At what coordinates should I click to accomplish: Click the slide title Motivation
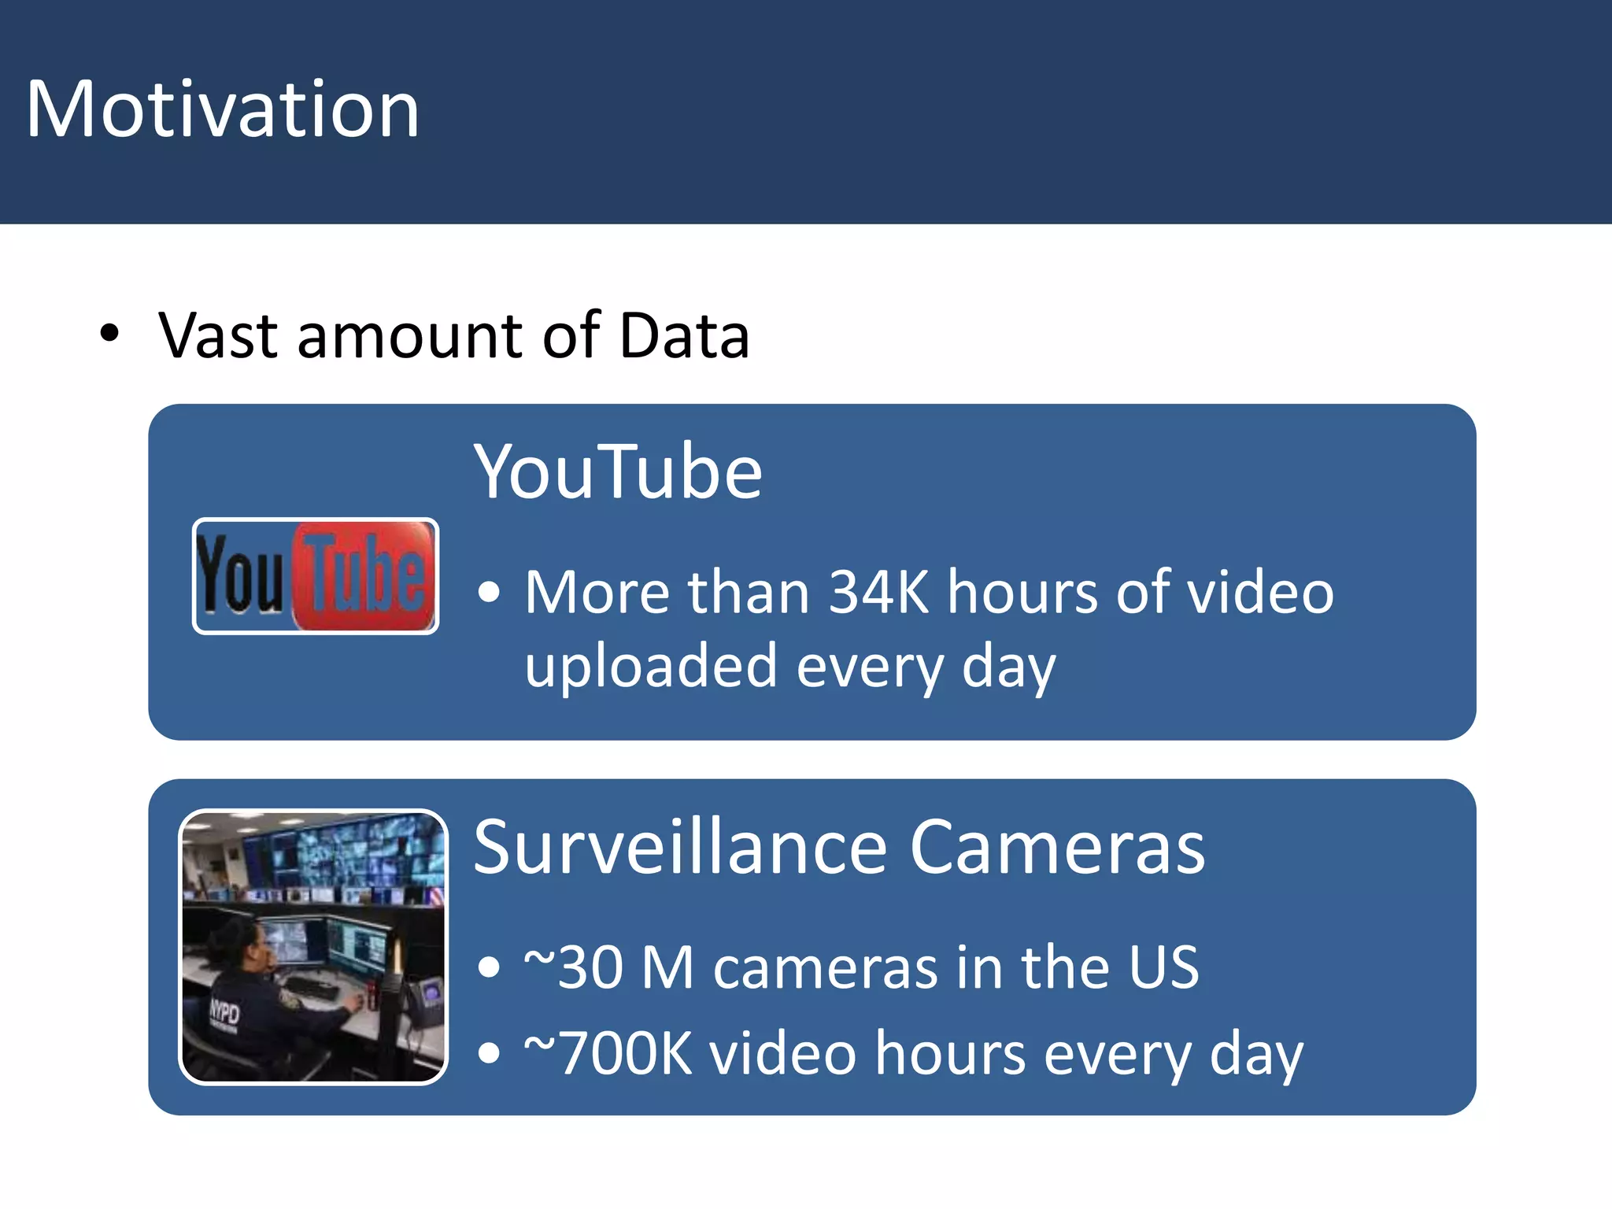[x=223, y=109]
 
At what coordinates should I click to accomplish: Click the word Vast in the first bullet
[x=218, y=336]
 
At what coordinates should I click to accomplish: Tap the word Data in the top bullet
[x=684, y=336]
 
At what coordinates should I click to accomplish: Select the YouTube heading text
[x=618, y=471]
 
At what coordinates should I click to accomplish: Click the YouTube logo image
[x=316, y=576]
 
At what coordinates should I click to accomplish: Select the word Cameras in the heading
[x=1056, y=847]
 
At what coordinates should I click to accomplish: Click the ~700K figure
[x=608, y=1053]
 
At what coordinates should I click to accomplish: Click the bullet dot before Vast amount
[x=109, y=334]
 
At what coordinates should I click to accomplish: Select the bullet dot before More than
[x=489, y=592]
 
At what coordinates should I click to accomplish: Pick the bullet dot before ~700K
[x=489, y=1053]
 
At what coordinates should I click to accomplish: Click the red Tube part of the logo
[x=364, y=575]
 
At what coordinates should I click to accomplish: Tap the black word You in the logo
[x=239, y=574]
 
